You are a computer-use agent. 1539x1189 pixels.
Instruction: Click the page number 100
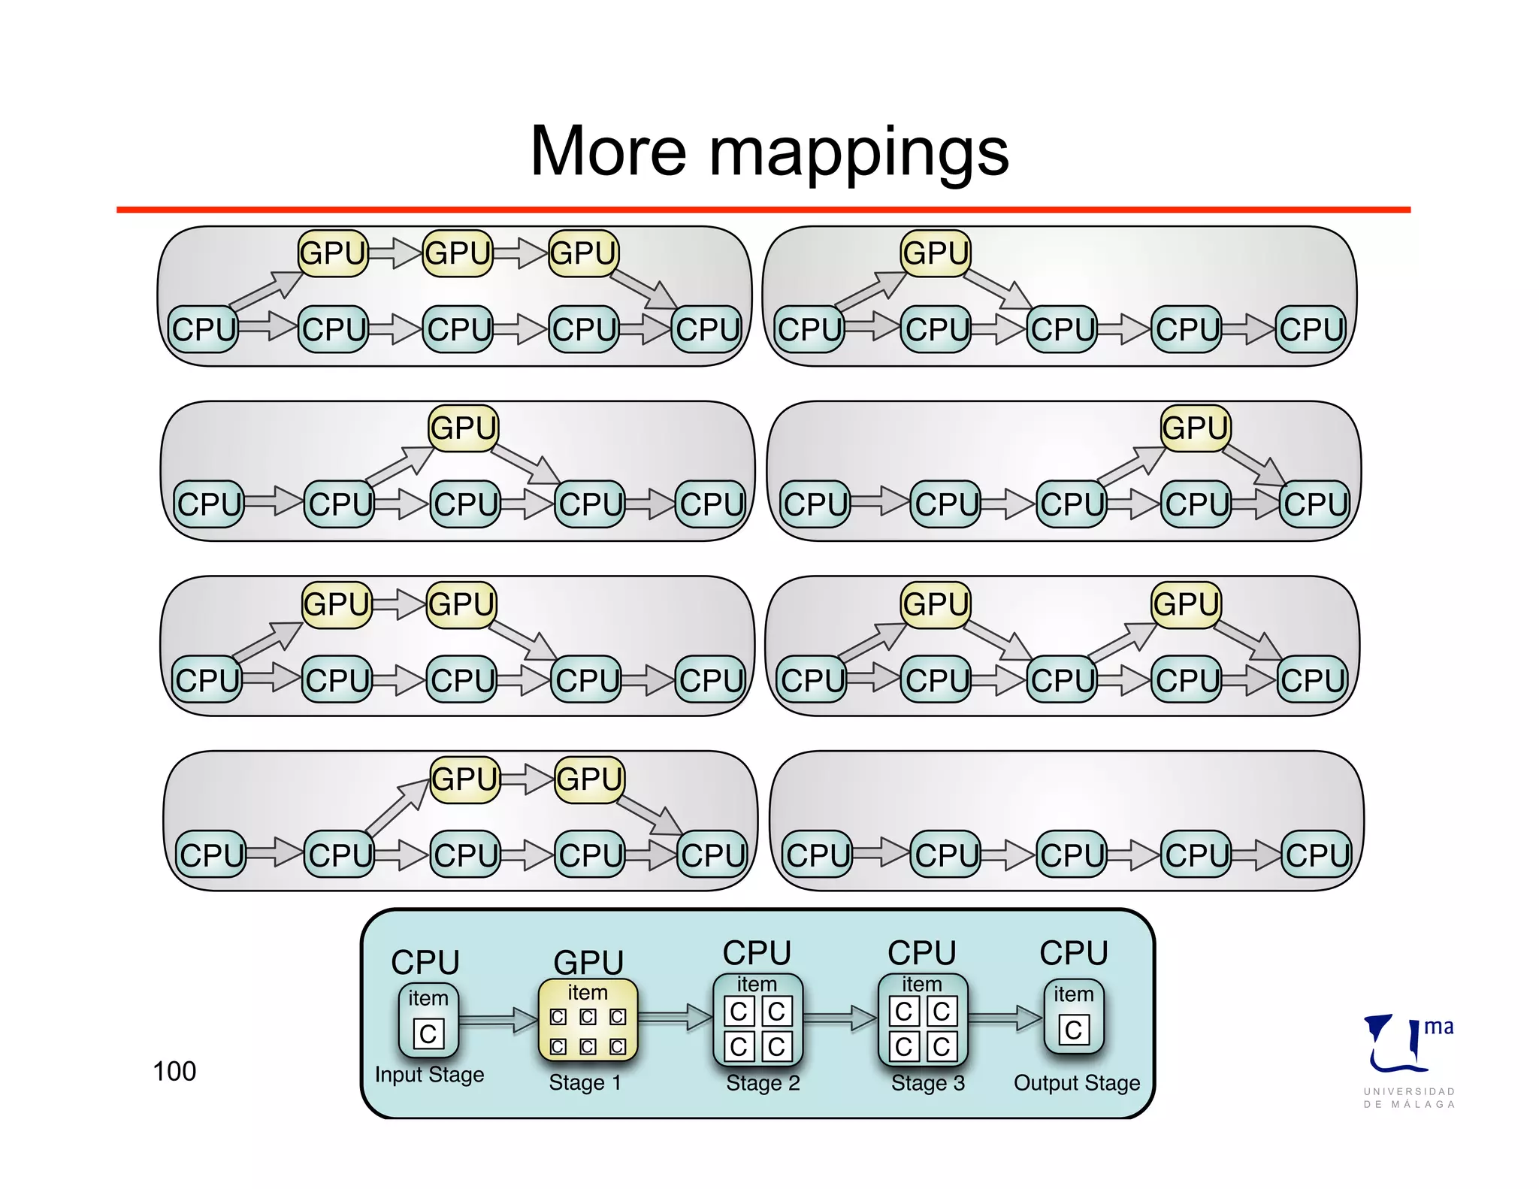click(x=174, y=1071)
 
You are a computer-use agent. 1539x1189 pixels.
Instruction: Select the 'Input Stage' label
click(x=429, y=1075)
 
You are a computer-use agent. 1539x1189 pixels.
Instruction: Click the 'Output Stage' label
click(x=1076, y=1083)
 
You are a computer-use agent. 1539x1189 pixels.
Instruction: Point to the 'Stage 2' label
click(x=763, y=1083)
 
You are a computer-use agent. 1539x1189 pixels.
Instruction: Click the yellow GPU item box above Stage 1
click(x=588, y=1020)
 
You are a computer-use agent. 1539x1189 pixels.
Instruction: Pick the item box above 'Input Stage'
click(x=428, y=1020)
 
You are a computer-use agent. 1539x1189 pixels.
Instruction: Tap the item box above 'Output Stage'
click(x=1073, y=1016)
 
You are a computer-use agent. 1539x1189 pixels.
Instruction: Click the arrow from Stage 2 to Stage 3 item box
click(x=840, y=1018)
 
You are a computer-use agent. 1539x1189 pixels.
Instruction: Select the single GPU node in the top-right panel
click(x=936, y=253)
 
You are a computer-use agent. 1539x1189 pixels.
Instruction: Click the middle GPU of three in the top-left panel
click(x=458, y=253)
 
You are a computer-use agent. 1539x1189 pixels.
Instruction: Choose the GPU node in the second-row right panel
click(x=1195, y=428)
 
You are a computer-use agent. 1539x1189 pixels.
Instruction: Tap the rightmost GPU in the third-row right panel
click(x=1186, y=604)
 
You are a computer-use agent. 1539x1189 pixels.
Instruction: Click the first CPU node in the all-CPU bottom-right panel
click(x=818, y=855)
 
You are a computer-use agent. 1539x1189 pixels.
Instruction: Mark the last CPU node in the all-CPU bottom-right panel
click(x=1317, y=855)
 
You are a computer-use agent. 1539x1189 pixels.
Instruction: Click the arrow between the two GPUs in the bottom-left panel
click(x=527, y=779)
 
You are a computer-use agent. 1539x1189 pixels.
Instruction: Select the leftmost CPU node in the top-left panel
click(x=203, y=329)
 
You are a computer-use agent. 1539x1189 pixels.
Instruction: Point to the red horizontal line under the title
click(x=763, y=210)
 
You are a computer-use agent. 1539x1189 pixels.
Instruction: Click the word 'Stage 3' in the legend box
click(x=927, y=1083)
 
